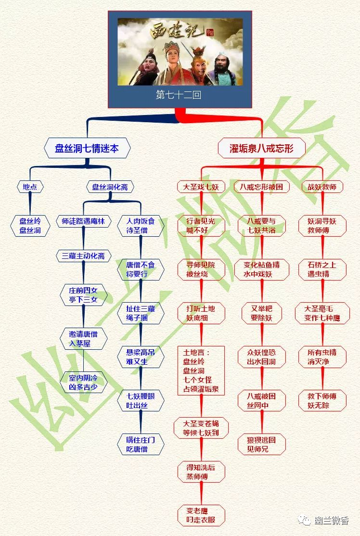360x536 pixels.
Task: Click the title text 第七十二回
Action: coord(179,95)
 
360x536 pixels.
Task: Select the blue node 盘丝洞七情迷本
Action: coord(87,148)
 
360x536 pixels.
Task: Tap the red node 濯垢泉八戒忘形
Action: coord(261,148)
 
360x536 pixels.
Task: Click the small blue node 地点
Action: coord(30,187)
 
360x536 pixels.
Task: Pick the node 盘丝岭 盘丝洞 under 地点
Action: coord(30,226)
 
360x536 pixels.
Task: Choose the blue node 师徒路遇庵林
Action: coord(83,221)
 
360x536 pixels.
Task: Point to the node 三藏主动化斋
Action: coord(83,256)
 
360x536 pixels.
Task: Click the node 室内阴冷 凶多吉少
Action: coord(83,382)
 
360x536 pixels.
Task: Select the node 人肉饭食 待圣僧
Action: coord(141,226)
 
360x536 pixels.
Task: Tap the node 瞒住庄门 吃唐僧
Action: coord(141,445)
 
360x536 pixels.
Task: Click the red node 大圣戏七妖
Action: coord(201,187)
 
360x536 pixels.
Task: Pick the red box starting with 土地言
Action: coord(201,371)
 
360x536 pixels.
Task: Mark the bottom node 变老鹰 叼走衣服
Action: coord(201,515)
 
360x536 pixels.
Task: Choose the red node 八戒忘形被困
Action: coord(261,187)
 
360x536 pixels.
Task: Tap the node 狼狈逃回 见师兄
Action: coord(261,445)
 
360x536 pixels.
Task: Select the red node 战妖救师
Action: coord(322,187)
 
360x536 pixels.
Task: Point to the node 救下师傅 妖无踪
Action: coord(322,401)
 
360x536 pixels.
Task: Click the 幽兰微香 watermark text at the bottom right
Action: coord(331,521)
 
